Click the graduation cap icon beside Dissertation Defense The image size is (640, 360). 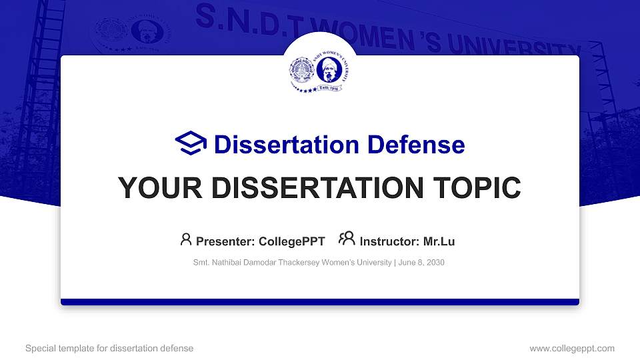(x=191, y=144)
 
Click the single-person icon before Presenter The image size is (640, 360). (x=186, y=239)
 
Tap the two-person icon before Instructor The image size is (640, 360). (x=347, y=239)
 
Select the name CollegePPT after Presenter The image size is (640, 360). (x=293, y=241)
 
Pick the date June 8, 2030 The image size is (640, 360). (x=421, y=263)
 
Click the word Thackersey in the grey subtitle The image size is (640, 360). (x=301, y=263)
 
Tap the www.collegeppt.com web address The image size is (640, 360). (x=571, y=348)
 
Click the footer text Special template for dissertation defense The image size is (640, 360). (x=109, y=348)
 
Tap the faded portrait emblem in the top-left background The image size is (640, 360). (x=139, y=33)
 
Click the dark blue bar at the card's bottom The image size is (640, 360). (x=320, y=302)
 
